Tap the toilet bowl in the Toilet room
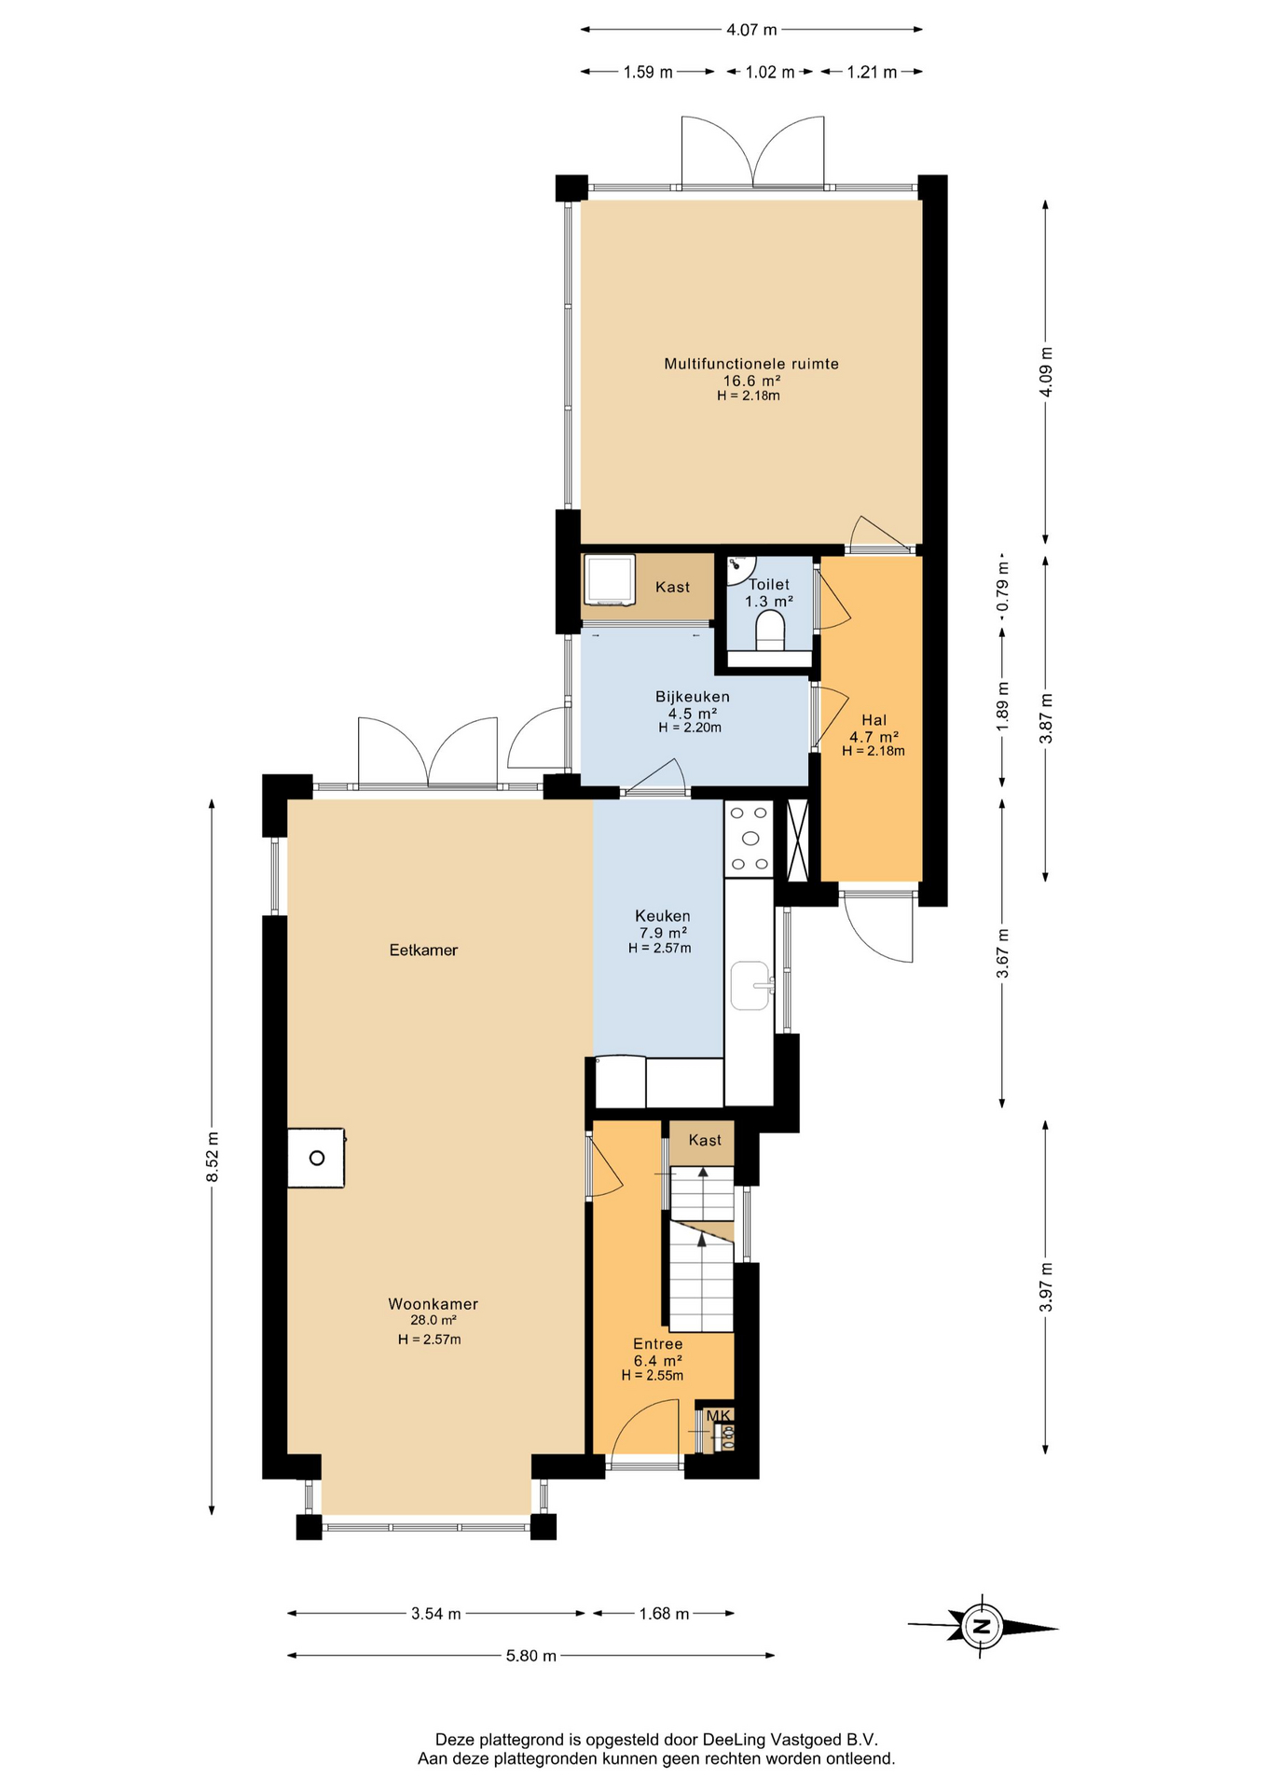pyautogui.click(x=769, y=631)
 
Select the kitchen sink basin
pyautogui.click(x=750, y=986)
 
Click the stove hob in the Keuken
pyautogui.click(x=750, y=839)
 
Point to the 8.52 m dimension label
pyautogui.click(x=213, y=1157)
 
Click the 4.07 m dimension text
pyautogui.click(x=751, y=30)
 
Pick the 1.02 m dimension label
pyautogui.click(x=770, y=73)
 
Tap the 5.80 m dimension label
pyautogui.click(x=531, y=1656)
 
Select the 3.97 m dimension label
pyautogui.click(x=1046, y=1286)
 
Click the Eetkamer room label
pyautogui.click(x=423, y=951)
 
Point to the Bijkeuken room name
pyautogui.click(x=693, y=697)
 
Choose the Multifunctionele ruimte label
pyautogui.click(x=751, y=364)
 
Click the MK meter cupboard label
pyautogui.click(x=719, y=1416)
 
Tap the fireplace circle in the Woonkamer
pyautogui.click(x=317, y=1159)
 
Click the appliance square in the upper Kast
pyautogui.click(x=609, y=580)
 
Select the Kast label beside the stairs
pyautogui.click(x=705, y=1140)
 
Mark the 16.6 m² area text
pyautogui.click(x=751, y=381)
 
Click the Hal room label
pyautogui.click(x=874, y=720)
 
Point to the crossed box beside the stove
pyautogui.click(x=798, y=840)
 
